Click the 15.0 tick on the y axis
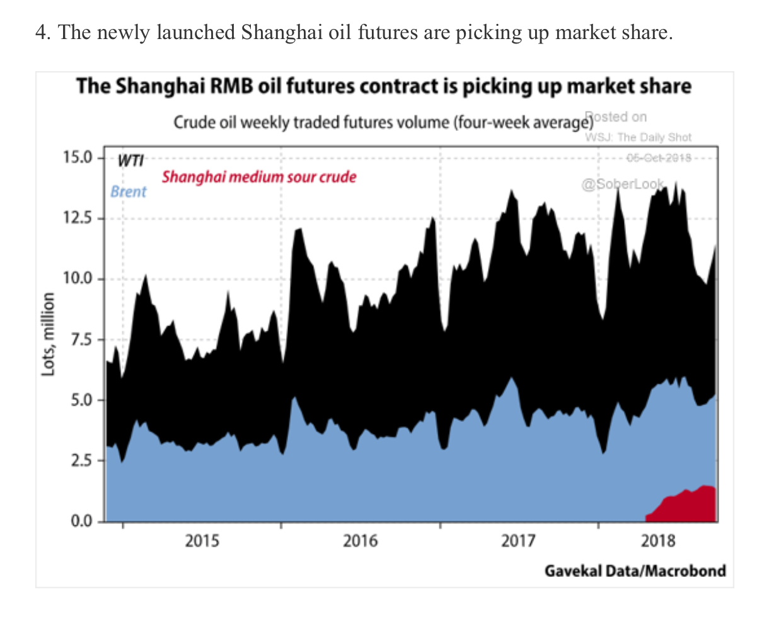(x=77, y=157)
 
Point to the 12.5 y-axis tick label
(x=77, y=219)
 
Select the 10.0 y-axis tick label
(x=77, y=278)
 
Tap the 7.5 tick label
(x=81, y=339)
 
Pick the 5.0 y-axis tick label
(x=81, y=400)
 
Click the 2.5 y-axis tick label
(x=81, y=460)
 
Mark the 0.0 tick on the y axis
(x=81, y=521)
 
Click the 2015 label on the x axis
(x=202, y=540)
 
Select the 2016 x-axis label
(x=361, y=540)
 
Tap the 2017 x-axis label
(x=519, y=540)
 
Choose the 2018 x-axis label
(x=657, y=540)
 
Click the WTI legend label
(x=130, y=161)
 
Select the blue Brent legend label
(x=128, y=191)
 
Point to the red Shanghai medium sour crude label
(x=259, y=177)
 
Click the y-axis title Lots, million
(x=48, y=334)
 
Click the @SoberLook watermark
(x=622, y=184)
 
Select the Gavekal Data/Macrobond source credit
(x=635, y=571)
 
